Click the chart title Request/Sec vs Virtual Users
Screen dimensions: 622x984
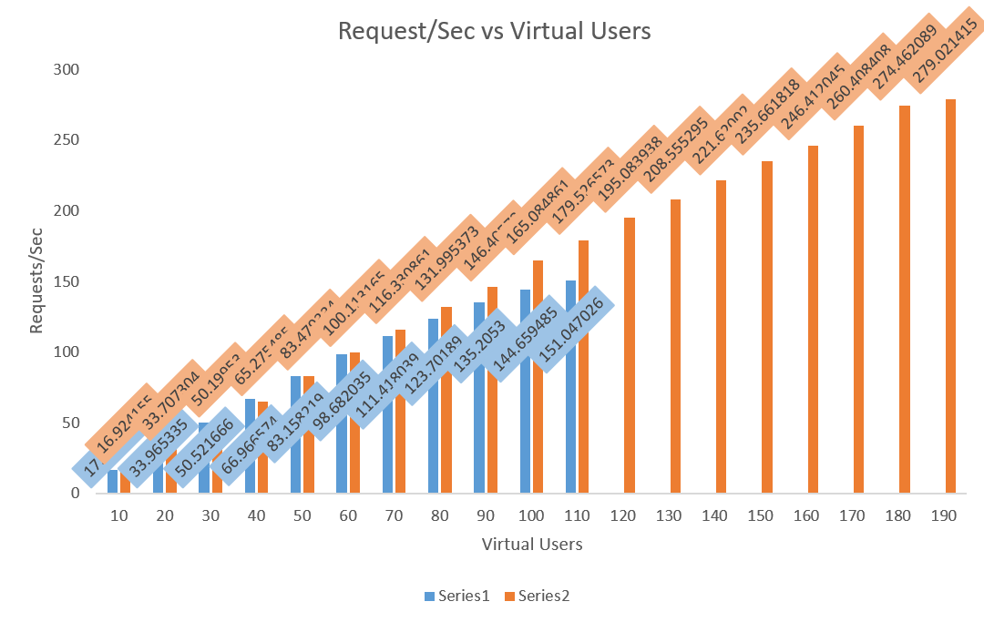tap(494, 30)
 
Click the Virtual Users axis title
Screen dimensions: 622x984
tap(532, 545)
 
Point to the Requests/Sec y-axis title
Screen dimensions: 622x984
tap(36, 280)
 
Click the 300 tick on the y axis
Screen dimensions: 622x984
tap(67, 69)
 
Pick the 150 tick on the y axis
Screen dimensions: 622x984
tap(67, 281)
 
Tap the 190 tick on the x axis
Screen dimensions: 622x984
tap(944, 515)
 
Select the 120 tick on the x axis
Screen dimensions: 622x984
tap(623, 515)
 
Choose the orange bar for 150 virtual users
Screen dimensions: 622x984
tap(767, 327)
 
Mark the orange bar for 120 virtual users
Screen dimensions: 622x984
tap(630, 355)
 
